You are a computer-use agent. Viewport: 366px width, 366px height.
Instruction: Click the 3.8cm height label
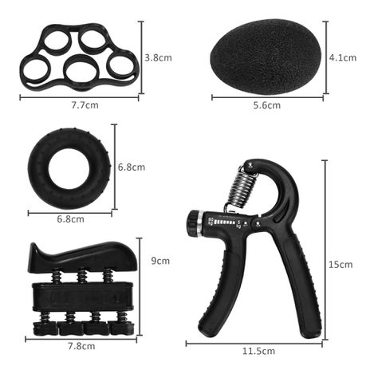(158, 58)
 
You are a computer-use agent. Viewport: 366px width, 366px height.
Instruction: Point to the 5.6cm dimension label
(266, 105)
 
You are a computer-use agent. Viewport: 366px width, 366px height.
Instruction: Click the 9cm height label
(160, 261)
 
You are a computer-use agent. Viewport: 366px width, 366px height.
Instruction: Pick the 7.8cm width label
(81, 346)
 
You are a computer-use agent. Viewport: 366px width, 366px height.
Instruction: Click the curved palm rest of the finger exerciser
(76, 256)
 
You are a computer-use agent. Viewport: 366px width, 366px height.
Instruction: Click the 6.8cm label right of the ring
(132, 167)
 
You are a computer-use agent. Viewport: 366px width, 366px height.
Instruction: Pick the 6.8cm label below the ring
(69, 219)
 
